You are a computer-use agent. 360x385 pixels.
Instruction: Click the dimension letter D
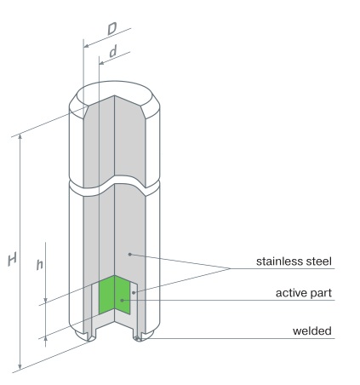(112, 29)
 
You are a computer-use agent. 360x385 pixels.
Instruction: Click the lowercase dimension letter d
(113, 51)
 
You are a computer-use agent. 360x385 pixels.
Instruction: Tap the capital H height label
(12, 259)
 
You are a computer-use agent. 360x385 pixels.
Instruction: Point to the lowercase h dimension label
(40, 264)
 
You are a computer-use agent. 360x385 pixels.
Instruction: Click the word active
(292, 293)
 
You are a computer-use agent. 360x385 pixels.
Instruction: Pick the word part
(322, 294)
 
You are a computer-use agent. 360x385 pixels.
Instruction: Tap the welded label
(312, 330)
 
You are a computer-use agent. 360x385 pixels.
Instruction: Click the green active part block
(114, 295)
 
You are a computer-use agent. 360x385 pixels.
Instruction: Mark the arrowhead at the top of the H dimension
(20, 137)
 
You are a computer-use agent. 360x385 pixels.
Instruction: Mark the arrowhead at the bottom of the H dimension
(20, 365)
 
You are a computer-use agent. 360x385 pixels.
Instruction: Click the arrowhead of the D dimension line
(87, 46)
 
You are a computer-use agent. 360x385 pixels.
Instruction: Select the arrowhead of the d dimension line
(102, 63)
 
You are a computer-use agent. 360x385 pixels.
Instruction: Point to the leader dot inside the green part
(122, 300)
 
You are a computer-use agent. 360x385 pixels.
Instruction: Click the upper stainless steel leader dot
(129, 254)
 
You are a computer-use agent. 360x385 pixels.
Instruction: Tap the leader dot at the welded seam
(137, 338)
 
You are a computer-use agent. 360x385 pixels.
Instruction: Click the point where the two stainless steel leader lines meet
(231, 268)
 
